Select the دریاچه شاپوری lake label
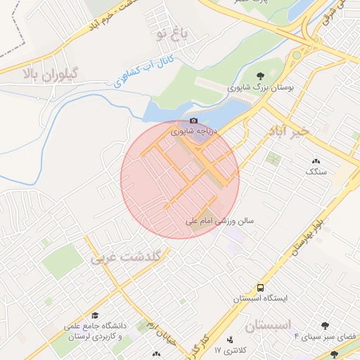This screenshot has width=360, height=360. click(x=195, y=131)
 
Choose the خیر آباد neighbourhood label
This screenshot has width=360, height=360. click(x=289, y=131)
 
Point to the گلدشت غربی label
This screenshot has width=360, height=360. click(x=126, y=256)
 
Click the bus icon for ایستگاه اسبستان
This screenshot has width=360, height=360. click(x=261, y=288)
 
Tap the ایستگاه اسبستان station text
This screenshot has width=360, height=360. click(x=261, y=299)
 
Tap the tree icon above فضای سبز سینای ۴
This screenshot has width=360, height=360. click(x=324, y=326)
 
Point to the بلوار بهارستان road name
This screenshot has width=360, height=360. click(x=310, y=236)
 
